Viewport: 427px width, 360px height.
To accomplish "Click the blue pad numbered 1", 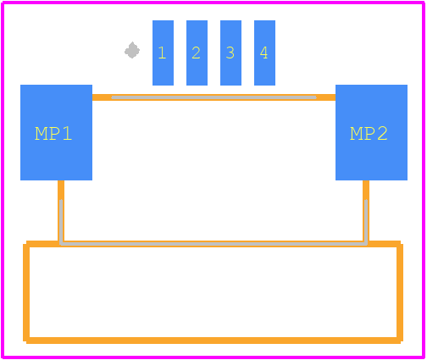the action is click(x=163, y=53).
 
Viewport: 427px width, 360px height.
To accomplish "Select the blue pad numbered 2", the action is click(x=197, y=53).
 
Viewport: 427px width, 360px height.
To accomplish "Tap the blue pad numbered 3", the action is click(x=230, y=53).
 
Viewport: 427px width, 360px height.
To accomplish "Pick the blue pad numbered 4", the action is click(x=264, y=53).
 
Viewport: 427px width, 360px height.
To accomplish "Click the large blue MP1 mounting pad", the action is click(x=56, y=132).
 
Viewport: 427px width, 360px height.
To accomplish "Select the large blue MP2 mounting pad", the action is click(x=371, y=132).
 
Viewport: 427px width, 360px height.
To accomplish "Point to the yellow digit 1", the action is click(x=162, y=53).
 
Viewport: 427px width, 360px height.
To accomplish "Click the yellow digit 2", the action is click(x=196, y=53).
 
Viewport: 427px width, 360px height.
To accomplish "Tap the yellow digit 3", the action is click(x=230, y=53).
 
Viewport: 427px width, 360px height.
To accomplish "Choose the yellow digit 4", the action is click(x=264, y=53).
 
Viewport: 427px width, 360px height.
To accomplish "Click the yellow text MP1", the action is click(x=53, y=134).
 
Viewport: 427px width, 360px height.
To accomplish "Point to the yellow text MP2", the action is click(x=369, y=134).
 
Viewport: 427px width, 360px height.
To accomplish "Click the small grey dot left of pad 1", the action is click(x=132, y=51).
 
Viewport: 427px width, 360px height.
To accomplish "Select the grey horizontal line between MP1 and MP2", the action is click(x=213, y=97).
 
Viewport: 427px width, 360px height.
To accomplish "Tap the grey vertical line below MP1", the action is click(x=61, y=222).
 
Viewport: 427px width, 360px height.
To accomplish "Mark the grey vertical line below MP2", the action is click(x=366, y=222).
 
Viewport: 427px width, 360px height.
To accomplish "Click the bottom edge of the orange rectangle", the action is click(x=213, y=341).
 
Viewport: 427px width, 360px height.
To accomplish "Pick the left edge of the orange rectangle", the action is click(x=26, y=292).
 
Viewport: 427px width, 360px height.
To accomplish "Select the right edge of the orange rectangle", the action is click(x=400, y=292).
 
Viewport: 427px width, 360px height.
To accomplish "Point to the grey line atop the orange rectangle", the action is click(x=213, y=244).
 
